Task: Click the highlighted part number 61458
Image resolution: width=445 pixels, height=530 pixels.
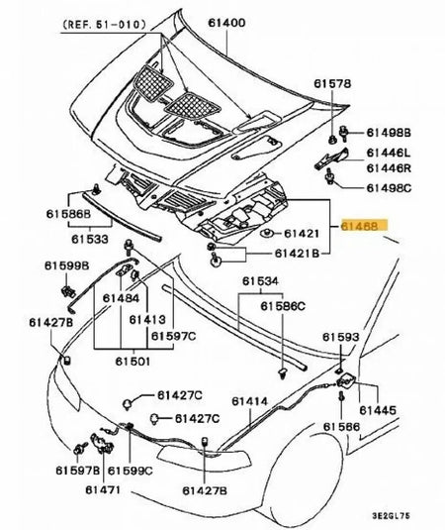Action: pos(365,226)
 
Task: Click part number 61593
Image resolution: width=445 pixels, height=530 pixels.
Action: pos(340,338)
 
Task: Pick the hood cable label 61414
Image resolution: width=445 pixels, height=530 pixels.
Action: pos(250,401)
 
